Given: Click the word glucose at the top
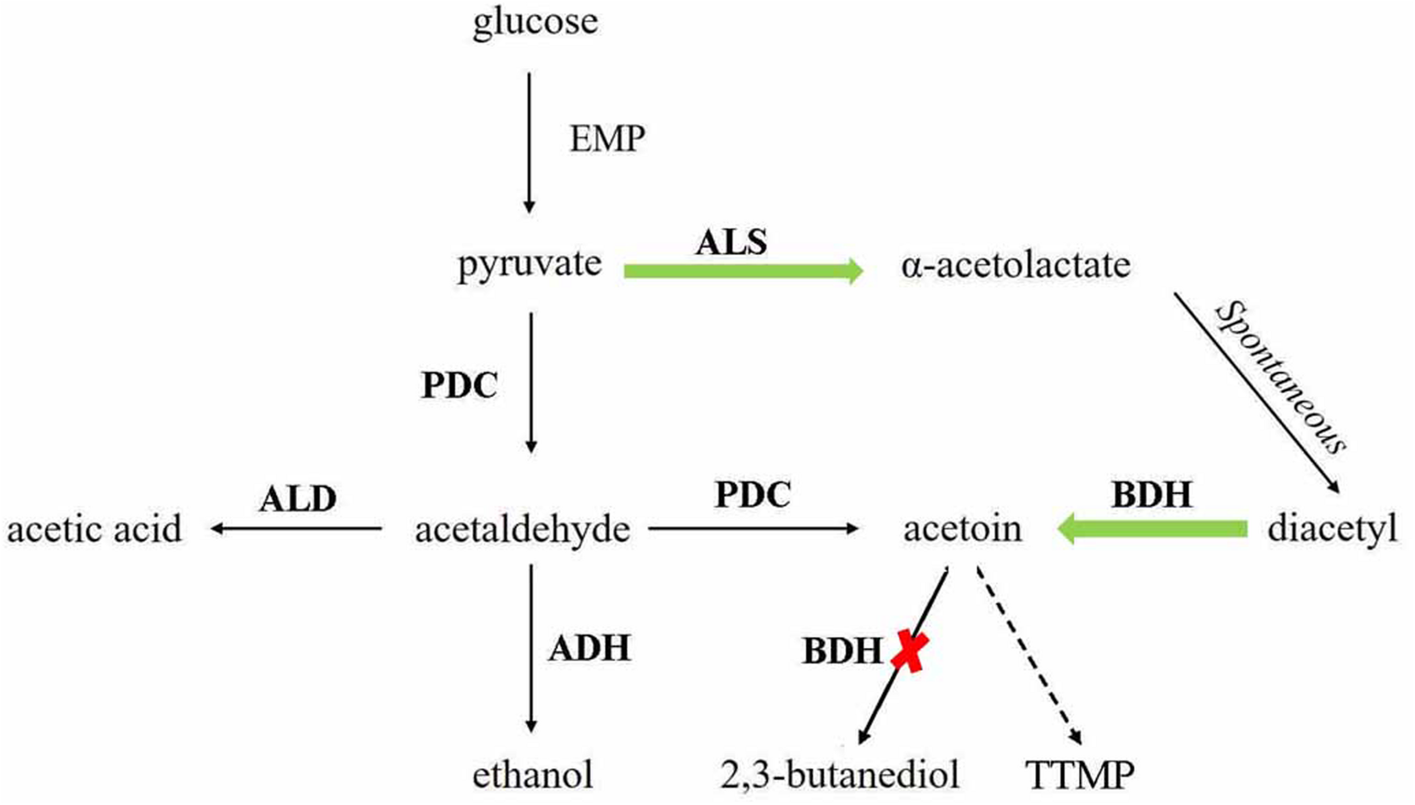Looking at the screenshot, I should tap(535, 23).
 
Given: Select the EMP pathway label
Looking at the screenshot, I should tap(607, 139).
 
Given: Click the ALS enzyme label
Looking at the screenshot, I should tap(731, 242).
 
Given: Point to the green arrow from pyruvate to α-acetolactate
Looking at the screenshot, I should tap(741, 271).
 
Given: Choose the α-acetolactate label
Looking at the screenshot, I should tap(1016, 265).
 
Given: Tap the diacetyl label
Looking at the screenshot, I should tap(1332, 529).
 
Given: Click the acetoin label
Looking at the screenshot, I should tap(962, 529).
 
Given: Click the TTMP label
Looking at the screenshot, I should tap(1080, 774).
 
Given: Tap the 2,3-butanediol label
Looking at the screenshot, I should tap(839, 774).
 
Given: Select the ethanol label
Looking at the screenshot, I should tap(533, 774).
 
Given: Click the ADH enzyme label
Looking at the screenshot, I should tap(589, 648).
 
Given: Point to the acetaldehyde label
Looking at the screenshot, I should tap(522, 530).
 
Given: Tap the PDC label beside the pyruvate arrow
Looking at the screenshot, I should tap(459, 386).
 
